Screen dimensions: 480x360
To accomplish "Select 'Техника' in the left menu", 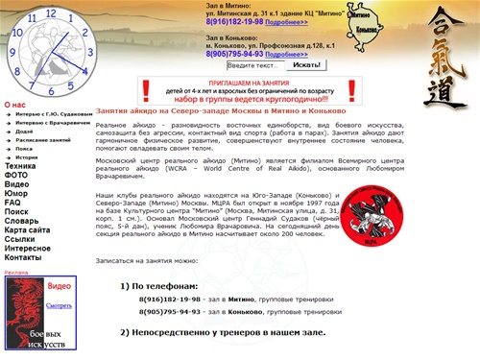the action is click(x=20, y=166).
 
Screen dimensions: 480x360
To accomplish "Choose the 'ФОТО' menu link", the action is click(x=16, y=175).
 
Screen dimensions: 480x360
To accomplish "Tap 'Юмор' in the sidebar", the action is click(x=16, y=194).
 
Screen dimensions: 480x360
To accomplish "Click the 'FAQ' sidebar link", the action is click(x=12, y=204).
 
